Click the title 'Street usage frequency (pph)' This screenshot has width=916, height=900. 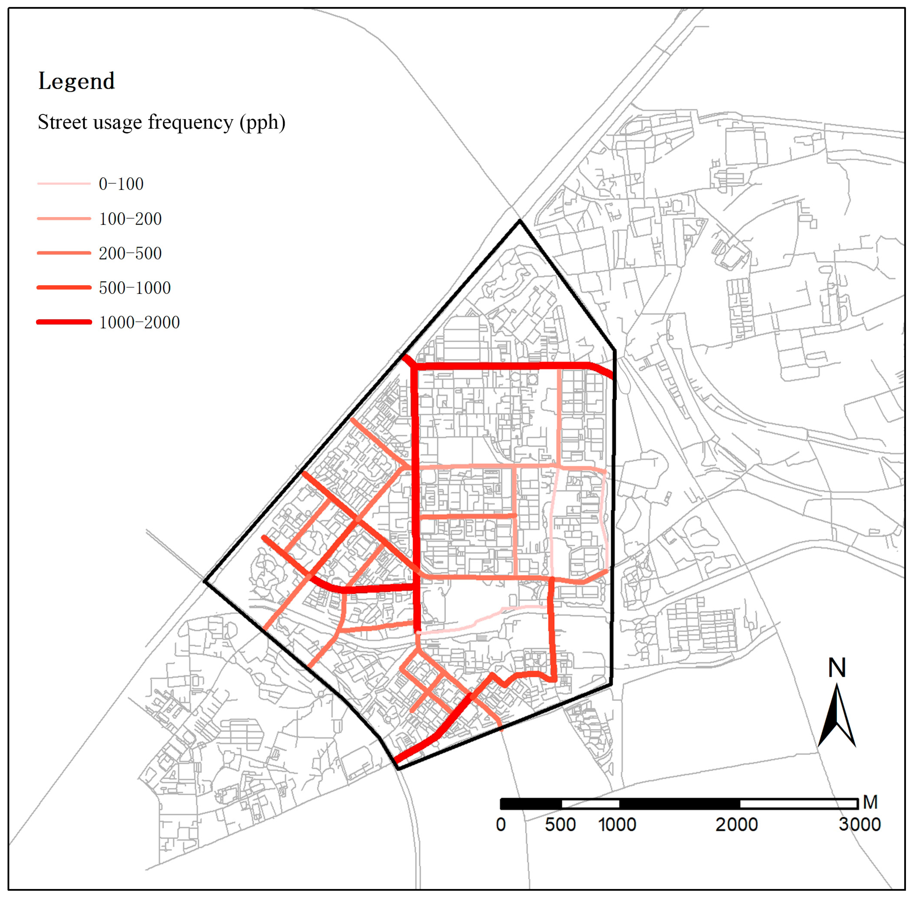coord(161,122)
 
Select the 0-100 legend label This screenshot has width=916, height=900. coord(121,184)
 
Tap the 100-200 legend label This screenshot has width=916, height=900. coord(130,219)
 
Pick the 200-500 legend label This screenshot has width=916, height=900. coord(130,254)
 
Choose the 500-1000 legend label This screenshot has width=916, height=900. coord(135,288)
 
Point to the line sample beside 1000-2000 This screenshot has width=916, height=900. coord(64,322)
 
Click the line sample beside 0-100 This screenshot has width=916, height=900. coord(64,183)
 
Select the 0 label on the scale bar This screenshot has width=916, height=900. coord(501,825)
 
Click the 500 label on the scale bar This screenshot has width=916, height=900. coord(560,825)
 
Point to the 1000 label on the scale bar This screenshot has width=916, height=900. coord(617,825)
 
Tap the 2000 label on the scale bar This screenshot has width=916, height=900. coord(737,825)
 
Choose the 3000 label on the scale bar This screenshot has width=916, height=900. coord(860,825)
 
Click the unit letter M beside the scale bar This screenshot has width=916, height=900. coord(870,802)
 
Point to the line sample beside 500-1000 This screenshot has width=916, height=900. coord(64,287)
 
